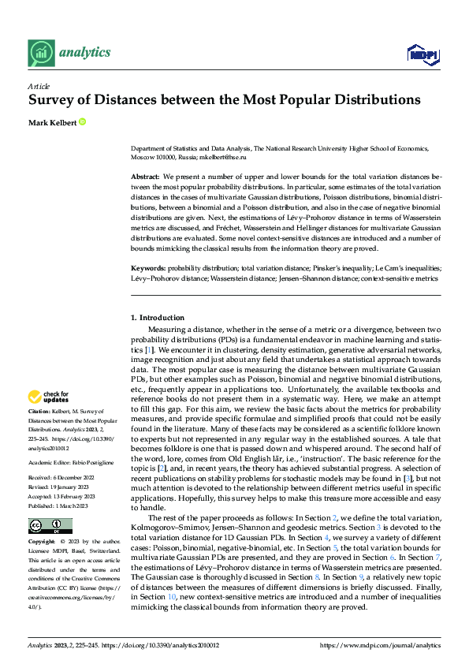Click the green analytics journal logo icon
[40, 53]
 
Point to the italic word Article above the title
[39, 86]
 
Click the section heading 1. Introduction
[157, 317]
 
